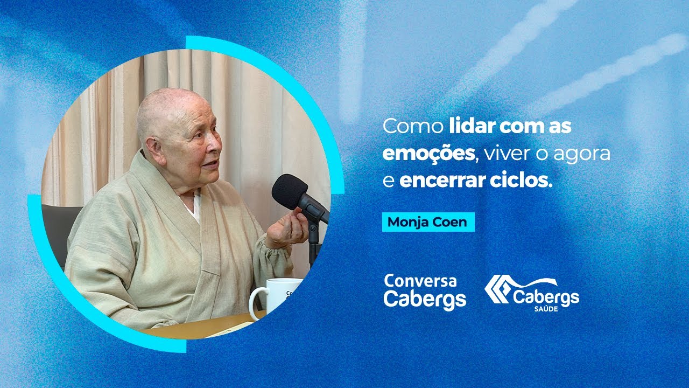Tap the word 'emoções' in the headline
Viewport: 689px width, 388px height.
(428, 154)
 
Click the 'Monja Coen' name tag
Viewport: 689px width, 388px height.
(428, 222)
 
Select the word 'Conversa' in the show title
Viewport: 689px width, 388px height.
(420, 281)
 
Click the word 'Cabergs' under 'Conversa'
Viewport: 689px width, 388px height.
(425, 299)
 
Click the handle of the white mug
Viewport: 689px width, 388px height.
(256, 303)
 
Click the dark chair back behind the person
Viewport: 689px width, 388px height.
(59, 226)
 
